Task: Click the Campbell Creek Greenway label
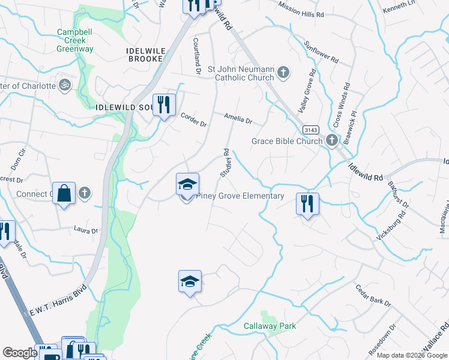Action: [75, 40]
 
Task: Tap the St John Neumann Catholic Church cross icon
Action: [283, 73]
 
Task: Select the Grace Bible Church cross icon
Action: [332, 141]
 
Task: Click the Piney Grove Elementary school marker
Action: [187, 186]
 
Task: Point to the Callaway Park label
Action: [270, 326]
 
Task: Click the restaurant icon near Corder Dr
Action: [164, 105]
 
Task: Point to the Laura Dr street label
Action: [85, 230]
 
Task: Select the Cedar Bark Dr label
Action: [372, 295]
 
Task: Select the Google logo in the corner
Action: [20, 353]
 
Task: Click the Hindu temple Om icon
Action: [64, 85]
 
